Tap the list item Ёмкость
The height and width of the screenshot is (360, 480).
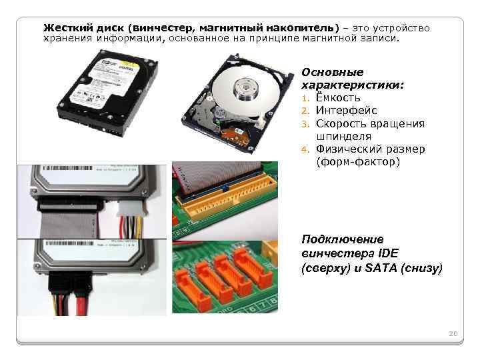(338, 97)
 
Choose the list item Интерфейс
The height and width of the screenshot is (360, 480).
(346, 110)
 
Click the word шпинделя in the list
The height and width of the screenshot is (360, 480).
(344, 137)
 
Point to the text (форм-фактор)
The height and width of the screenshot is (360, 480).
(358, 161)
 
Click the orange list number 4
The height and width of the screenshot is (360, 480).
(305, 150)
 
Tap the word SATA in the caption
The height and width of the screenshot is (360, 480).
(381, 268)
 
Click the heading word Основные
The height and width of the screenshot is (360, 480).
(333, 72)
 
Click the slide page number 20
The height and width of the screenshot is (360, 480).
(453, 333)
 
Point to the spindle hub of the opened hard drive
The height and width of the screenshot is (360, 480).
(245, 89)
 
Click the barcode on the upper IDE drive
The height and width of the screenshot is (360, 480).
(67, 168)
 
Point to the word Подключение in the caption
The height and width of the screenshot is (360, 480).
(343, 239)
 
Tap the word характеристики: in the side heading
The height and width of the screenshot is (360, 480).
(353, 85)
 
